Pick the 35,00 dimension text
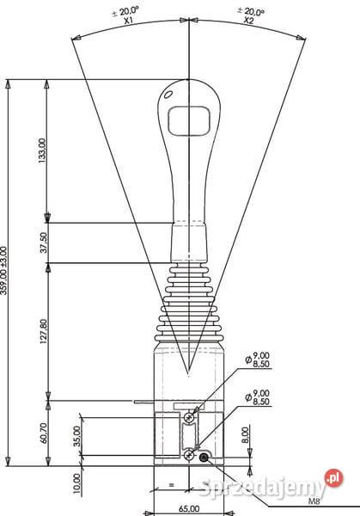tap(77, 436)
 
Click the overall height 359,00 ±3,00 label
tap(6, 271)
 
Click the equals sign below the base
tap(171, 486)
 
